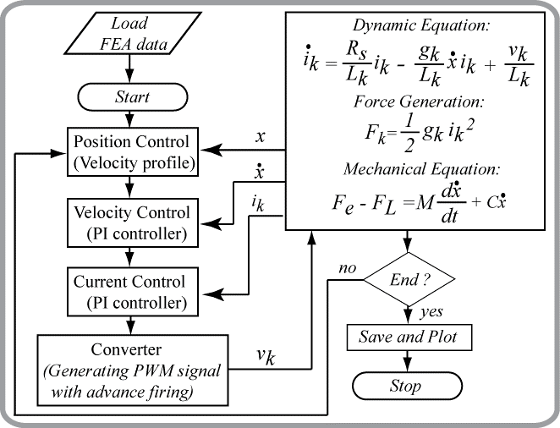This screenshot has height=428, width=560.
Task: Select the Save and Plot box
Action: coord(408,337)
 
